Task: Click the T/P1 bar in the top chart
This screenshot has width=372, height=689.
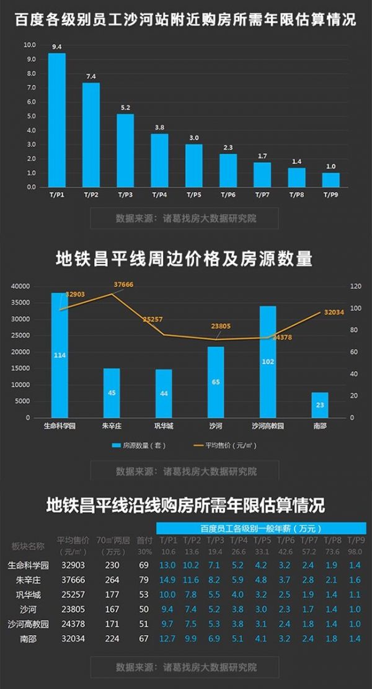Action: tap(57, 120)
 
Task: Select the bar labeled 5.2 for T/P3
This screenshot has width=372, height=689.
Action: tap(125, 150)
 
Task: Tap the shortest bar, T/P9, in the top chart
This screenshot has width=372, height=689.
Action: tap(330, 179)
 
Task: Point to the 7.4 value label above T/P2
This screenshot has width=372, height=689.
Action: tap(91, 76)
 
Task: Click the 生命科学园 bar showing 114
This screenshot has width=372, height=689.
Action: tap(60, 355)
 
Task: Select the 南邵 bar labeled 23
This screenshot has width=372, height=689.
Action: tap(320, 405)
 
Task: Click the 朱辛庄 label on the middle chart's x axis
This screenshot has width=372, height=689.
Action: tap(112, 427)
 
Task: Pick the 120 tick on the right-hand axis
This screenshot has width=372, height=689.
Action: tap(355, 287)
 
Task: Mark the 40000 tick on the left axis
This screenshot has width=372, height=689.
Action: tap(20, 287)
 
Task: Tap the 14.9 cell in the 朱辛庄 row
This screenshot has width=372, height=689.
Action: tap(168, 580)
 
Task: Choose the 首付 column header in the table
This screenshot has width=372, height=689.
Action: tap(144, 540)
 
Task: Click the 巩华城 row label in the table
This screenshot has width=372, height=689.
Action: tap(24, 593)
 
